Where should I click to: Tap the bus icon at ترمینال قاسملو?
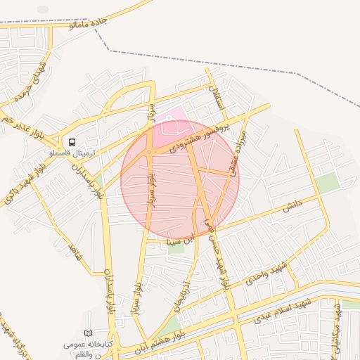pyautogui.click(x=72, y=141)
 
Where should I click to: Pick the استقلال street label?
pyautogui.click(x=213, y=92)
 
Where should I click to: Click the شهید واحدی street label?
pyautogui.click(x=263, y=272)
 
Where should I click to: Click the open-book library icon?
pyautogui.click(x=88, y=333)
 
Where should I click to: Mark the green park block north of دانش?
pyautogui.click(x=326, y=184)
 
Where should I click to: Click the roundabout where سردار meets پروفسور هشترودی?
pyautogui.click(x=150, y=152)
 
